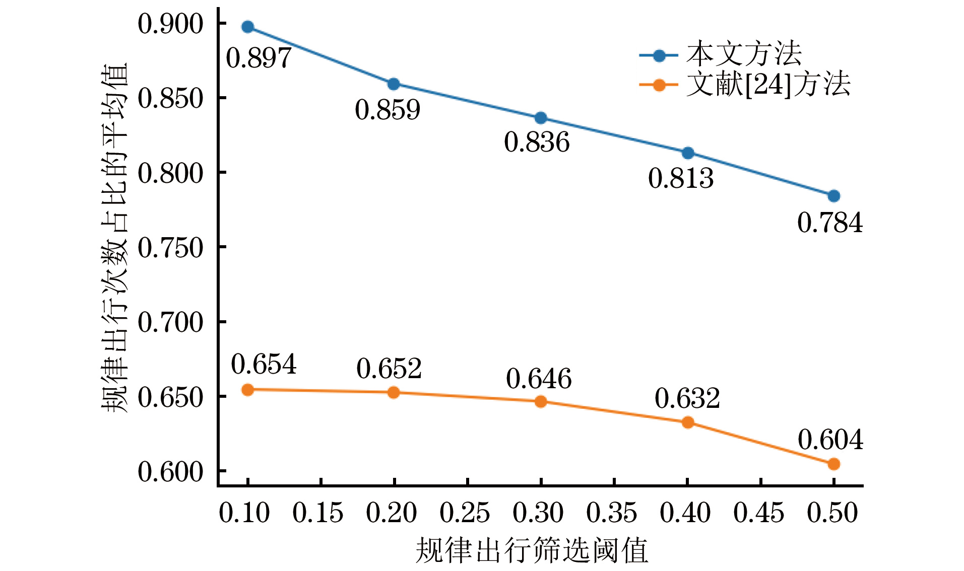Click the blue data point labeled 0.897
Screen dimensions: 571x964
[x=247, y=27]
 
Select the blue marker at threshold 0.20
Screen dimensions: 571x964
[x=394, y=84]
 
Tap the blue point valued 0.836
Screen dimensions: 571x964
[x=541, y=118]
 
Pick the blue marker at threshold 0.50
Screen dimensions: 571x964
[x=833, y=196]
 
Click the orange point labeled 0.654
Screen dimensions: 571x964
[x=247, y=389]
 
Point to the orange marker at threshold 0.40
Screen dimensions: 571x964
[x=687, y=422]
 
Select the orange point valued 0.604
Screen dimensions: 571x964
[x=833, y=464]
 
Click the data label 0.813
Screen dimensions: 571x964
[x=681, y=179]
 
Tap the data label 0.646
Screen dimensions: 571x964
[x=539, y=379]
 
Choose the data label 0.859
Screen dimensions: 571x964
[x=387, y=110]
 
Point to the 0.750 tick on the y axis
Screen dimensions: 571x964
[x=170, y=247]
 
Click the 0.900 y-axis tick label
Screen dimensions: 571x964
[x=170, y=24]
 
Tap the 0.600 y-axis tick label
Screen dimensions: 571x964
[x=170, y=472]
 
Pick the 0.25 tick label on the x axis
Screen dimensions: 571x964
[x=465, y=513]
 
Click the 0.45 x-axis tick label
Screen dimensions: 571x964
[x=759, y=513]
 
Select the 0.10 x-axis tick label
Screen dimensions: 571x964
[x=244, y=513]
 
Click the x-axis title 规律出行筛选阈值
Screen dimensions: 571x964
[x=532, y=550]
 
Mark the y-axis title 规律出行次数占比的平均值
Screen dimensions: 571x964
[x=115, y=238]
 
